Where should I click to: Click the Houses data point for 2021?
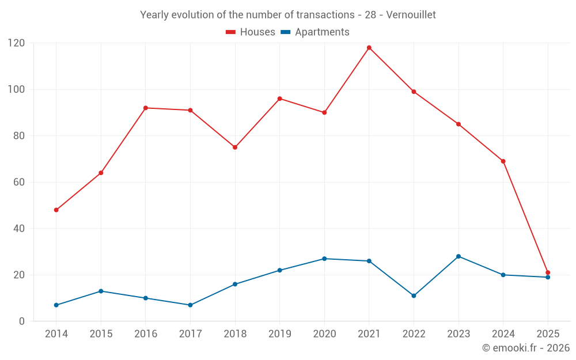[369, 48]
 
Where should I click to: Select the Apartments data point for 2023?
[458, 256]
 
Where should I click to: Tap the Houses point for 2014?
[56, 210]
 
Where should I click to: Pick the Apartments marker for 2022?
[414, 296]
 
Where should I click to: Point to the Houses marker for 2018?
[235, 147]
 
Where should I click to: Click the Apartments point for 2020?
[324, 259]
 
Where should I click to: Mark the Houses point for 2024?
[503, 161]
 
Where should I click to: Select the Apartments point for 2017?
[190, 305]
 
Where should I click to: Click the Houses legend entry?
[251, 32]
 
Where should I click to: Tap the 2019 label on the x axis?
[280, 334]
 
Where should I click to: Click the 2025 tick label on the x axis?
[548, 334]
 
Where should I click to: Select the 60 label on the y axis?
[19, 182]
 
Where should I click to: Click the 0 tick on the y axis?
[22, 321]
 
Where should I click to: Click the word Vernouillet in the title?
[411, 15]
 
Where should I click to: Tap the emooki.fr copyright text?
[526, 348]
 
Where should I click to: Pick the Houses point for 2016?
[146, 108]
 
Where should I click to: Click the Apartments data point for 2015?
[101, 291]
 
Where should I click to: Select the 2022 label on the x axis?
[414, 334]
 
